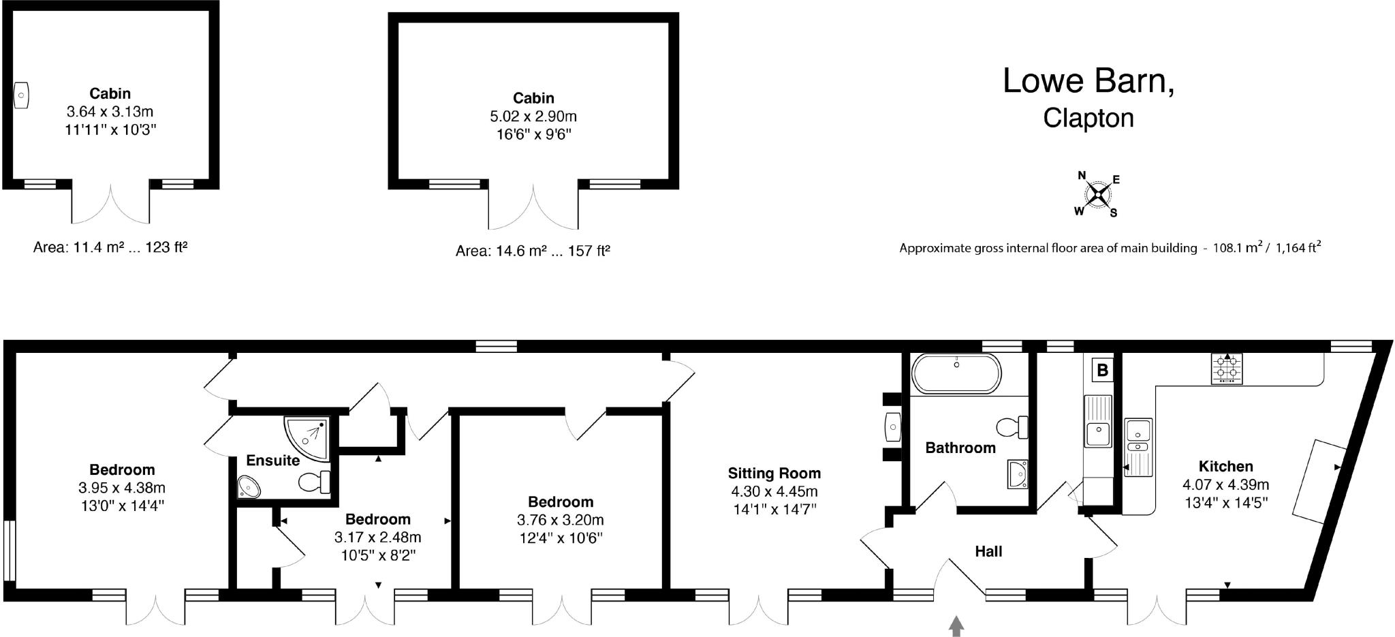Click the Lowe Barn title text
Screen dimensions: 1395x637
pos(1088,81)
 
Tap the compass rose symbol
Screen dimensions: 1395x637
pos(1097,195)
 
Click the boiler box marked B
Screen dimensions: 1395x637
pos(1103,371)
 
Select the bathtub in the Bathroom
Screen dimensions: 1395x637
pos(957,374)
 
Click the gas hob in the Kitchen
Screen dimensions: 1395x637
pos(1227,369)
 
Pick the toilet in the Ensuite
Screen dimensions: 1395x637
pos(315,482)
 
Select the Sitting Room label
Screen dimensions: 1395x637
pos(774,473)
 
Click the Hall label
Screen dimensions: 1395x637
pos(988,551)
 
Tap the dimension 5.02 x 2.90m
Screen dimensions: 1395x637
pos(533,116)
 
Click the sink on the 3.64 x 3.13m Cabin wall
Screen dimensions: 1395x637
pos(22,95)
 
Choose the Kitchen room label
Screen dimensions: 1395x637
pos(1226,467)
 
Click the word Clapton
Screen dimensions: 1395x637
pos(1088,118)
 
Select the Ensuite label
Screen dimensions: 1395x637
pos(272,461)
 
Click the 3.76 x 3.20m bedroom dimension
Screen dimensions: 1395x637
pos(561,520)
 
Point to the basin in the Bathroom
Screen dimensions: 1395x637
pos(1017,473)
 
